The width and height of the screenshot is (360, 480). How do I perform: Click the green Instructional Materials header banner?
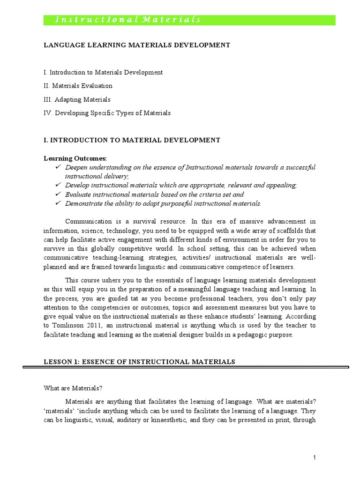(189, 20)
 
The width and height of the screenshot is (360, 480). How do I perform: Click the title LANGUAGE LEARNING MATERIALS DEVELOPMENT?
(136, 45)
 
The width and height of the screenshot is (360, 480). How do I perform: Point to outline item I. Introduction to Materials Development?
(103, 72)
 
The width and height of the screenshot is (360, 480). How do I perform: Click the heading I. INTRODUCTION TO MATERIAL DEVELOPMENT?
(132, 140)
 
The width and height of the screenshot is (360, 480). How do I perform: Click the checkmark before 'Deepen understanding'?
(58, 167)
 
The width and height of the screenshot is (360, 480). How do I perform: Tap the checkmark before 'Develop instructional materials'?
(58, 185)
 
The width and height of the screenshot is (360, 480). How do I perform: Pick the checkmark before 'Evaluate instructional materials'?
(58, 194)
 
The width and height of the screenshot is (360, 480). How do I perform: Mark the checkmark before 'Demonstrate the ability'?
(58, 203)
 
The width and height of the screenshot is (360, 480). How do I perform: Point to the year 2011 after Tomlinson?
(94, 325)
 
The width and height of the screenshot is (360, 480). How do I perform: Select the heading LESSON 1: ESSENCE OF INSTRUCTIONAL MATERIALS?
(139, 361)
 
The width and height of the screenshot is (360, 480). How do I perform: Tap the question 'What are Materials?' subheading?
(73, 388)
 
